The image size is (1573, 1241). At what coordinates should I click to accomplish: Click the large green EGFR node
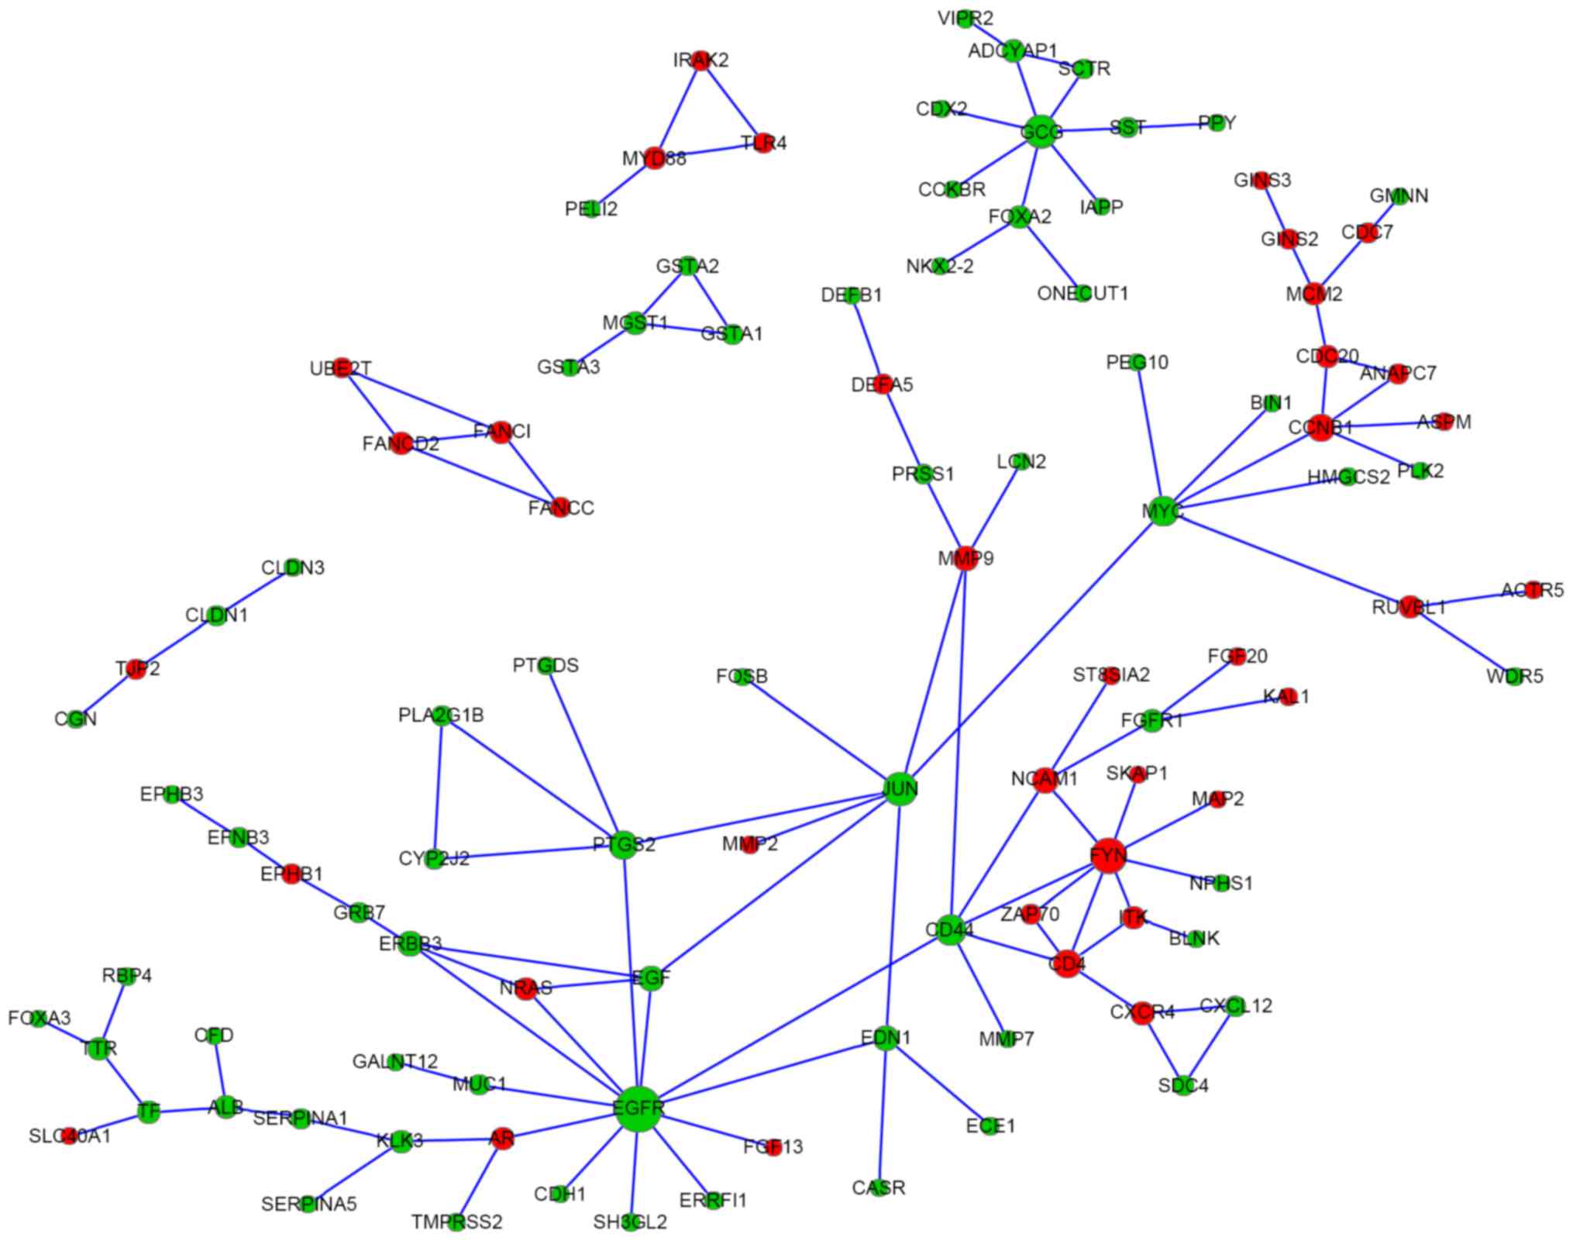click(x=638, y=1108)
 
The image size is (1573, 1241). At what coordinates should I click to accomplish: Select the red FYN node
click(x=1108, y=855)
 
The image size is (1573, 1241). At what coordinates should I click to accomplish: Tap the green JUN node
click(x=900, y=789)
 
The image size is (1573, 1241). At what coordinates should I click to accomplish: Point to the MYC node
click(x=1162, y=511)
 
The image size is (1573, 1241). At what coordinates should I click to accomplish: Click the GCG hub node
click(x=1041, y=133)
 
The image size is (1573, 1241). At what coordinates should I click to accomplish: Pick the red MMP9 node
click(x=965, y=558)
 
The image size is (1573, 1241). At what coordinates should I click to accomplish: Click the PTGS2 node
click(x=623, y=845)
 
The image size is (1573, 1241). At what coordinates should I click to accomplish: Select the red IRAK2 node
click(x=700, y=60)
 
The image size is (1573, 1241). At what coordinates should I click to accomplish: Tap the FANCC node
click(x=559, y=508)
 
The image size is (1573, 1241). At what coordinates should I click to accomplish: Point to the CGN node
click(x=76, y=719)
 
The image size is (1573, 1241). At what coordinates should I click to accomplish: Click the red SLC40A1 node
click(x=70, y=1136)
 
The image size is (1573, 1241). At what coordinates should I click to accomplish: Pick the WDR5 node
click(x=1514, y=677)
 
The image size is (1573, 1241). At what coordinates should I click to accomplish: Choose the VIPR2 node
click(x=965, y=19)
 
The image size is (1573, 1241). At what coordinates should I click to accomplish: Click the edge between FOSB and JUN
click(x=821, y=733)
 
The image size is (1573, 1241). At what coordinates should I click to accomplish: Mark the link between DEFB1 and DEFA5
click(x=867, y=340)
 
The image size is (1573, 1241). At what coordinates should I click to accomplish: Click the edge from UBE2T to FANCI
click(x=422, y=401)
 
